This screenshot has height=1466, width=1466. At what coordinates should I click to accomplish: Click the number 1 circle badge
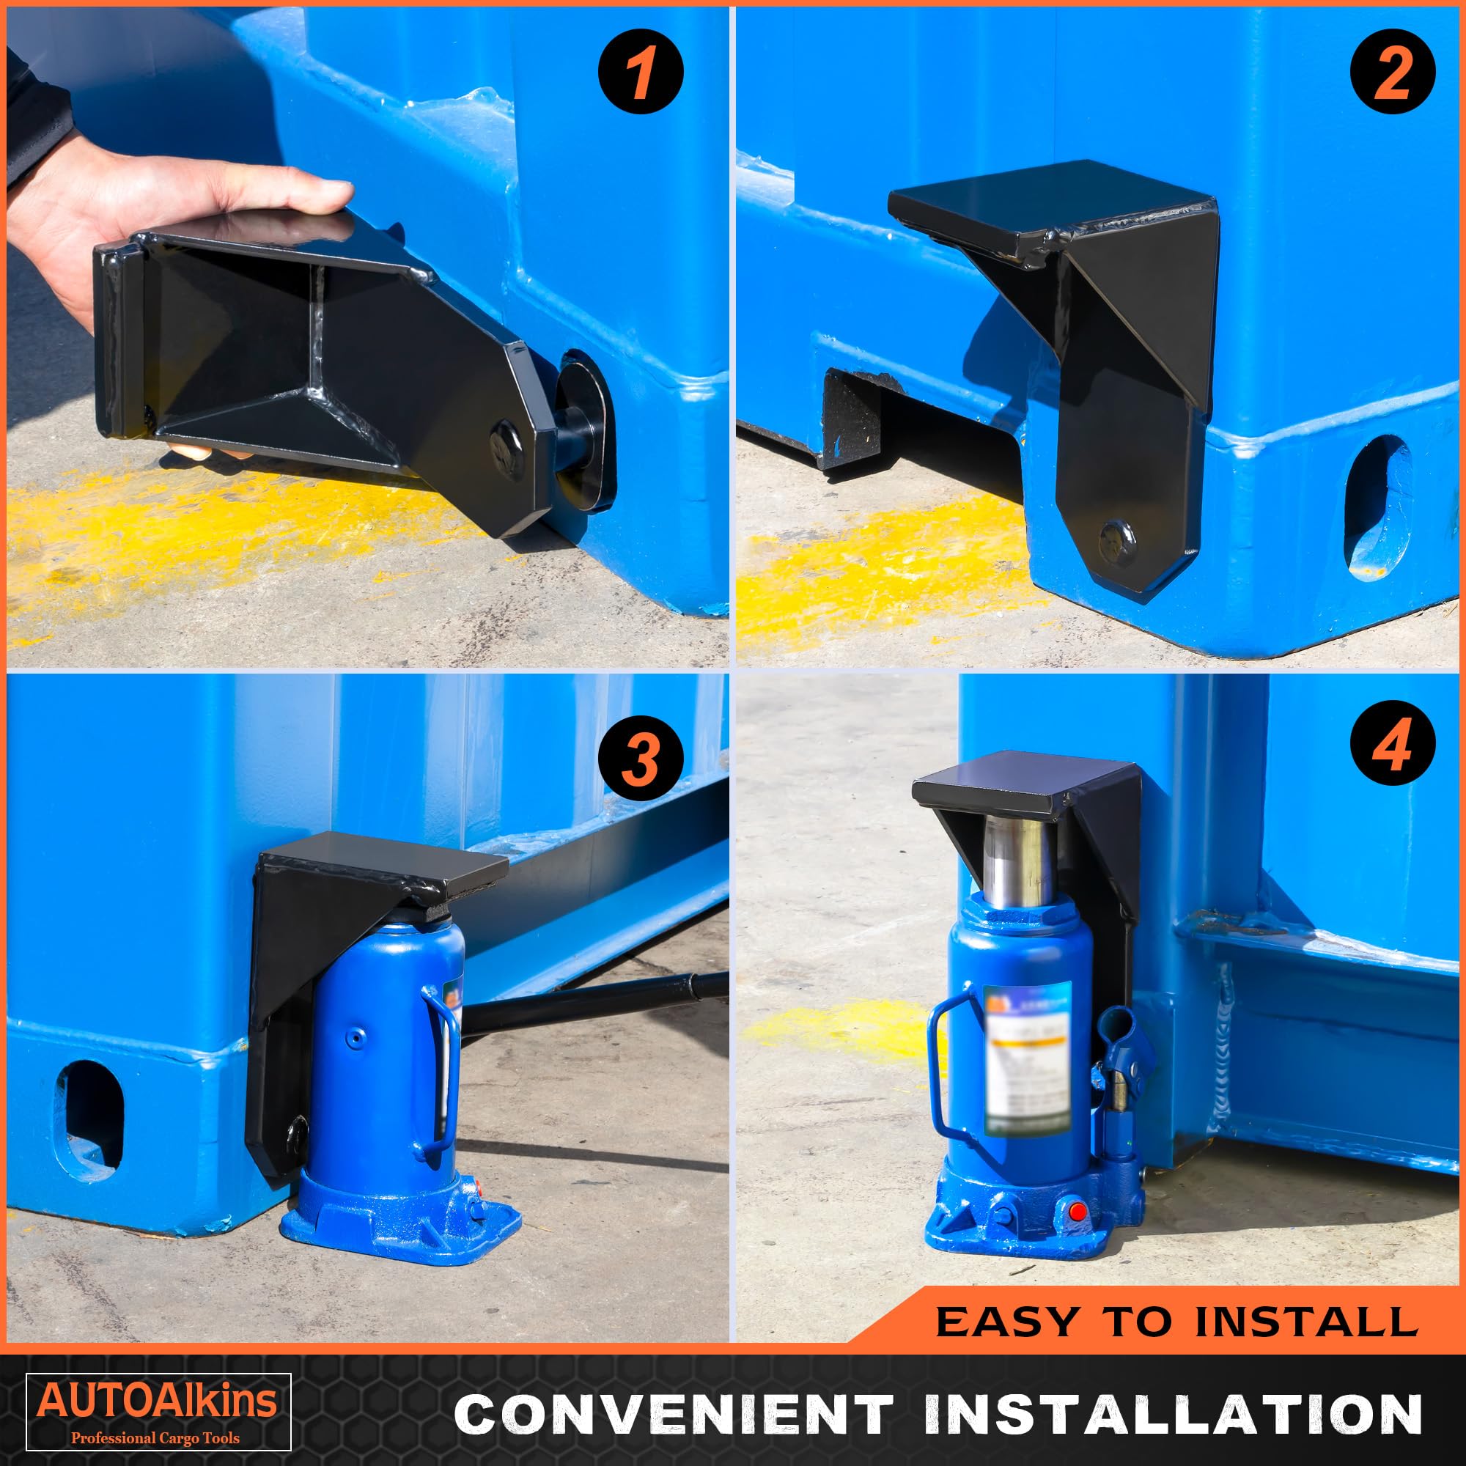point(641,72)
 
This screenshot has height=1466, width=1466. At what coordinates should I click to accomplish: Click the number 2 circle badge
point(1393,72)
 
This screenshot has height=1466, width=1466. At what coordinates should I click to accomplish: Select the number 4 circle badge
point(1393,743)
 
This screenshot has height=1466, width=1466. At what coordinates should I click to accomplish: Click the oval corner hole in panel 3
point(89,1121)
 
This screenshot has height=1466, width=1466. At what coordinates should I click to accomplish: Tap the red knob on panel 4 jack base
point(1075,1209)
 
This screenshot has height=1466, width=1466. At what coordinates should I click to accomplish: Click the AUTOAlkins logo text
point(157,1401)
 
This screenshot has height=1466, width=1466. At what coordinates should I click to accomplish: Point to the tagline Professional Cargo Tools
point(155,1438)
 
